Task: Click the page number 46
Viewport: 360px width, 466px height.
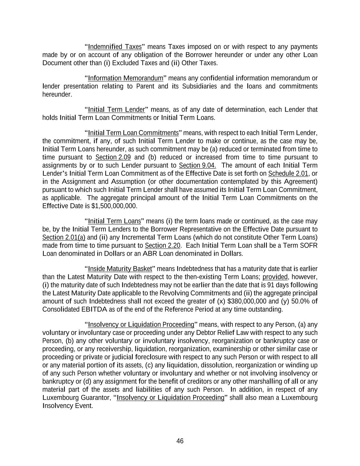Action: coord(180,441)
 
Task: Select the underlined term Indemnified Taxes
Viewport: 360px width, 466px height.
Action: coord(115,47)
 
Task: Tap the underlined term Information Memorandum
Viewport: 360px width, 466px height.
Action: coord(126,78)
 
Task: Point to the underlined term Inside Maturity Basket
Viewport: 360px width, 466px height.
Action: coord(120,269)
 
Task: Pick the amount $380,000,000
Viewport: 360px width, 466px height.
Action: coord(247,301)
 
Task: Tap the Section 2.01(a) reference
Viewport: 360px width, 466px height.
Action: coord(64,238)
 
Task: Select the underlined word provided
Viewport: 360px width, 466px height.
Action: coord(275,277)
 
